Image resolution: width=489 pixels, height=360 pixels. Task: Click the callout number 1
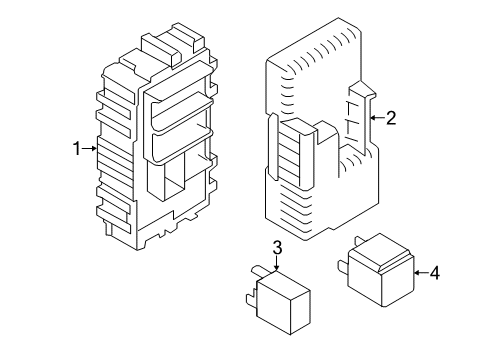coord(76,149)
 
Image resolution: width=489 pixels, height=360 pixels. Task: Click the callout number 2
coord(391,119)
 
